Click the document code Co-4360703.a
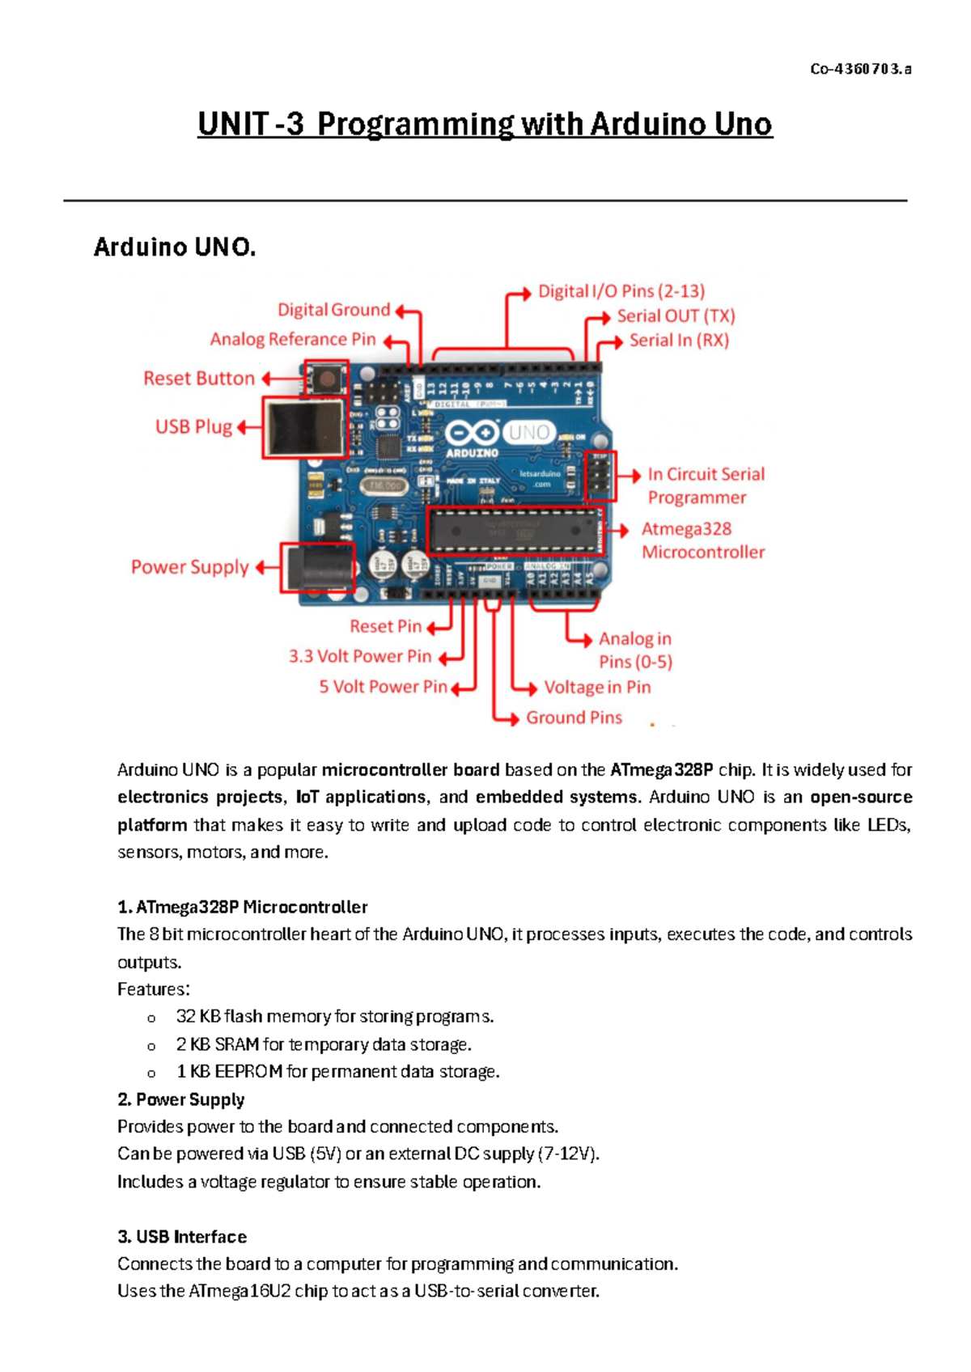(x=860, y=70)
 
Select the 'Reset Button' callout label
(x=199, y=379)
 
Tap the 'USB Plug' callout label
(x=193, y=427)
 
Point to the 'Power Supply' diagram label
(x=190, y=567)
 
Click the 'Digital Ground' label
(x=333, y=310)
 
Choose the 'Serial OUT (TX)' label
(x=676, y=315)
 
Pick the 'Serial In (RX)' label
(x=679, y=341)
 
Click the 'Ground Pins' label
(x=574, y=718)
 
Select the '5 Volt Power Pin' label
(x=383, y=687)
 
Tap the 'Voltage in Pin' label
(x=597, y=688)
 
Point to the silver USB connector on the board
(x=304, y=427)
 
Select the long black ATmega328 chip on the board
(x=515, y=531)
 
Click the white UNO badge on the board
(x=529, y=433)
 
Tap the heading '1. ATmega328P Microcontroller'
(x=242, y=908)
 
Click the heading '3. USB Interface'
(x=182, y=1237)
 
